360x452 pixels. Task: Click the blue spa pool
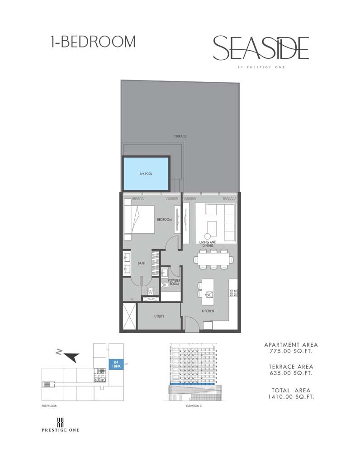[x=146, y=174]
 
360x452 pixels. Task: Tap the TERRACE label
[x=180, y=136]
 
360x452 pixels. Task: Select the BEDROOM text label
[x=165, y=219]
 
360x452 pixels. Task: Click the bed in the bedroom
[x=139, y=220]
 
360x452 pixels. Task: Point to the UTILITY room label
[x=159, y=316]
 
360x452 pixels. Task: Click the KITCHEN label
[x=208, y=311]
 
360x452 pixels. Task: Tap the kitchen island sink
[x=209, y=295]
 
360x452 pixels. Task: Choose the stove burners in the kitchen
[x=233, y=293]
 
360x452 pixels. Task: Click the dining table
[x=213, y=259]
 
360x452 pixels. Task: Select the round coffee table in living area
[x=208, y=235]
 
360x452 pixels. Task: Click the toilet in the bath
[x=151, y=291]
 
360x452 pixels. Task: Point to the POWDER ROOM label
[x=174, y=282]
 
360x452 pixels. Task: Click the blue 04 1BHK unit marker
[x=116, y=364]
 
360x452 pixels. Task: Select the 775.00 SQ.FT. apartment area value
[x=291, y=351]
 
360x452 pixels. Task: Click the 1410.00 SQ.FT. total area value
[x=291, y=397]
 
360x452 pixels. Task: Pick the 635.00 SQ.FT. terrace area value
[x=291, y=373]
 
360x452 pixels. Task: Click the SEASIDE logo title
[x=261, y=48]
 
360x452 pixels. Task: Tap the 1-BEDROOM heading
[x=93, y=42]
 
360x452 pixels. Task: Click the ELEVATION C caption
[x=194, y=406]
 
